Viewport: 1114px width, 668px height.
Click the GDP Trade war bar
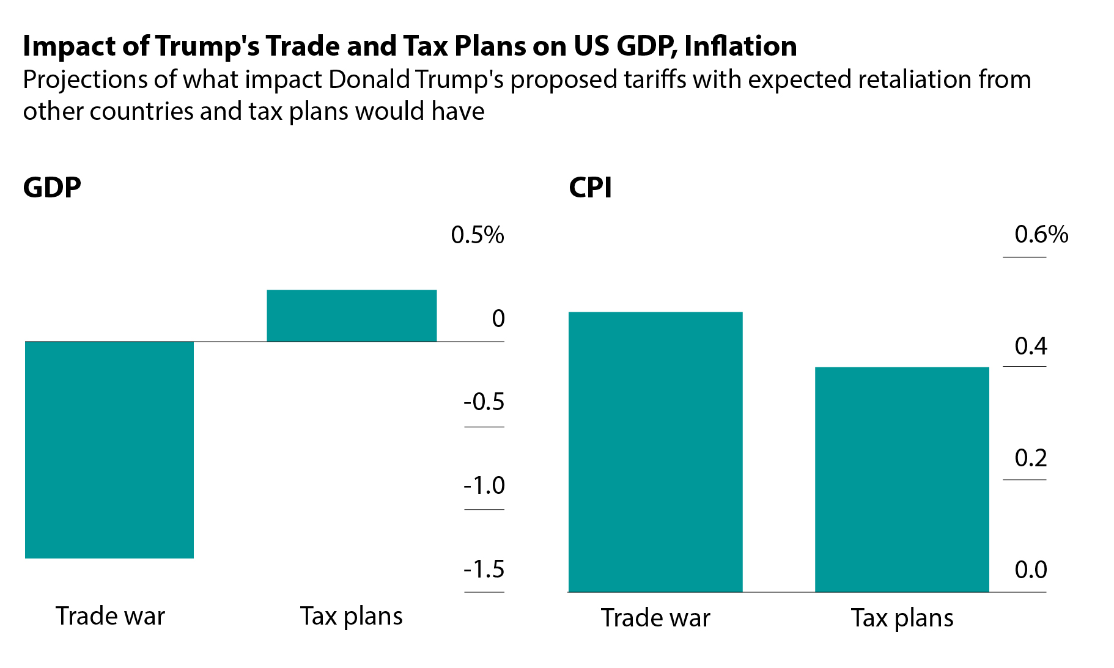point(109,449)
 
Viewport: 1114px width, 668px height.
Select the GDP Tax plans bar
point(352,315)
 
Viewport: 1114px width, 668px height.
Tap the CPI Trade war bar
point(655,452)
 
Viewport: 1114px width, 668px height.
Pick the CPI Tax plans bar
point(902,479)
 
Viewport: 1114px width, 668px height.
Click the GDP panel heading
point(52,188)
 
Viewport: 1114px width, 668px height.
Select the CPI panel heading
point(590,188)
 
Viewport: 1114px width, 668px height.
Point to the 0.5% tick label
point(478,235)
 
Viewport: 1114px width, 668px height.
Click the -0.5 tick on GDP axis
point(484,402)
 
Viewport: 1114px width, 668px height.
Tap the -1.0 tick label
point(484,486)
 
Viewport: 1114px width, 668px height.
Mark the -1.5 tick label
point(484,570)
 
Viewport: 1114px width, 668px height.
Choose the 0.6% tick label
point(1041,235)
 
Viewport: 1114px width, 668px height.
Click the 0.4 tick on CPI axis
point(1031,347)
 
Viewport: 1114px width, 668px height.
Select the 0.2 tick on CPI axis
point(1031,458)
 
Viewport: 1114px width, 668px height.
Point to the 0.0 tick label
point(1031,570)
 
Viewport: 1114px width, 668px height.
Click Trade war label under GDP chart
point(110,616)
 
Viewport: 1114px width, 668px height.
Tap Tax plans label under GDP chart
point(352,617)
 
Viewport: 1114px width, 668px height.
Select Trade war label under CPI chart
point(655,618)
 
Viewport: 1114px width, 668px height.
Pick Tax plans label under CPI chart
point(902,618)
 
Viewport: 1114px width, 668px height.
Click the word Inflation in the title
point(740,46)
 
